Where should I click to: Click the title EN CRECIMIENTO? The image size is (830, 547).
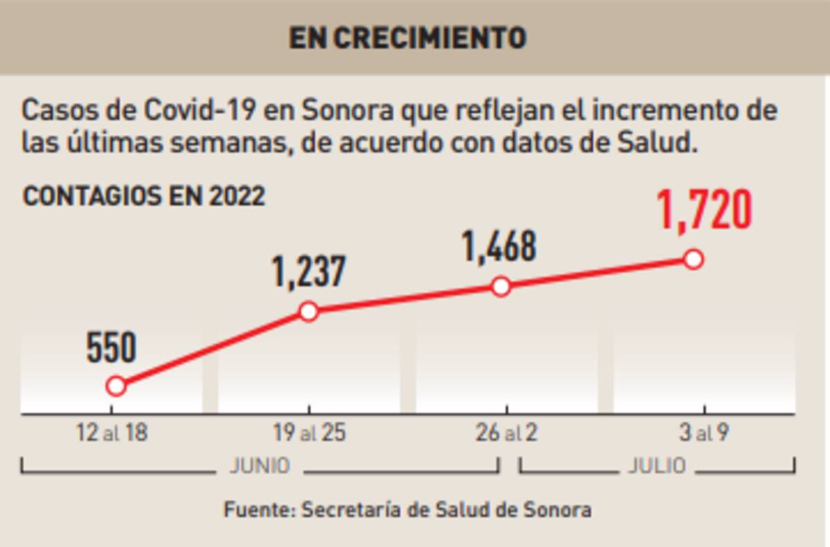pos(407,37)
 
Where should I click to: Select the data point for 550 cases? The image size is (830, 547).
pos(116,386)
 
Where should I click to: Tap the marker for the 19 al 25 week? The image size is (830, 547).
pos(308,311)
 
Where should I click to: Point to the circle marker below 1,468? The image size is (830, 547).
pos(501,286)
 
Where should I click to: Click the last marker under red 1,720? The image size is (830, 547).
pos(693,259)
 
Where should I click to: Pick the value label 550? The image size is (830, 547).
pos(111,348)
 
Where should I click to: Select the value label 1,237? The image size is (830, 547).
pos(308,272)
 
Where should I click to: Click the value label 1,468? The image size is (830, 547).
pos(499,247)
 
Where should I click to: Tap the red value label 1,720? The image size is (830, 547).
pos(703,211)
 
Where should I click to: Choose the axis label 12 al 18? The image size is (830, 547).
pos(112,434)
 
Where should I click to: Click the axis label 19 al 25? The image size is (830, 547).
pos(309,434)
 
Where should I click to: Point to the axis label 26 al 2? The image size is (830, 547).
pos(506,434)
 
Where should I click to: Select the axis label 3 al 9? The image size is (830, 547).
pos(703,434)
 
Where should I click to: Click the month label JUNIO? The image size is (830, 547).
pos(259,466)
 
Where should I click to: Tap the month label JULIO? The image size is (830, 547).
pos(656,466)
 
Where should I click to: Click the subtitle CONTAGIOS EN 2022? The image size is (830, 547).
pos(144,196)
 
